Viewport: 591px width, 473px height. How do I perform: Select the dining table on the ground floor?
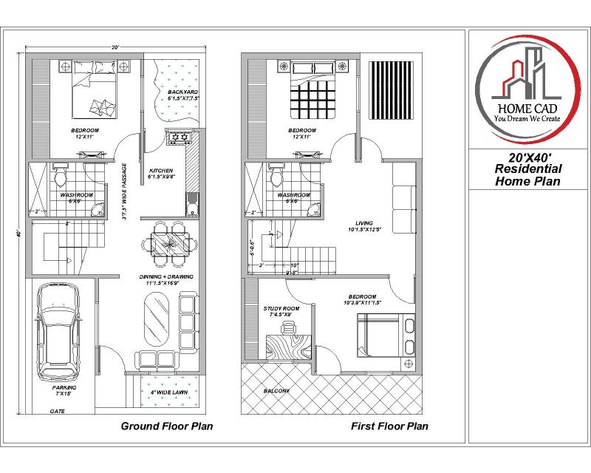coord(168,242)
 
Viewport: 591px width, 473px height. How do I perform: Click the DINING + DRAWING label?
coord(166,279)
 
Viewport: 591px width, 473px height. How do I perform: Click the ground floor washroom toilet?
coord(61,177)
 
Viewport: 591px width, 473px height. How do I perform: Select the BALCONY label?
coord(275,390)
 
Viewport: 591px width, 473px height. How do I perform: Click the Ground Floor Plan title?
coord(167,426)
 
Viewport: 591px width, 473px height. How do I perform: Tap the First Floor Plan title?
coord(389,426)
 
